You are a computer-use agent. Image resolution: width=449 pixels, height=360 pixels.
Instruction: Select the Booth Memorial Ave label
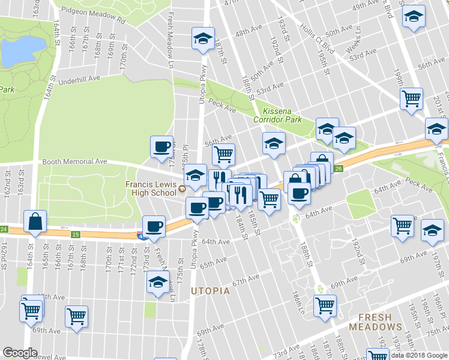pyautogui.click(x=74, y=161)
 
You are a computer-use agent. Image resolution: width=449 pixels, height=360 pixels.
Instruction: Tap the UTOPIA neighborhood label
pyautogui.click(x=210, y=291)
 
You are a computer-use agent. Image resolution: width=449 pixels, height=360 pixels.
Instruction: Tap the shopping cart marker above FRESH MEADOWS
pyautogui.click(x=325, y=305)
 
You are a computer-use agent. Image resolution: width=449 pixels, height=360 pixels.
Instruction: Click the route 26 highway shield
pyautogui.click(x=339, y=169)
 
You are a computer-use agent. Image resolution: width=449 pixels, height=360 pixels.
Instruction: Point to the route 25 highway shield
pyautogui.click(x=76, y=234)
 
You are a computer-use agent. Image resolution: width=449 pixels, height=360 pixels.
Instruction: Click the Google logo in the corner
pyautogui.click(x=20, y=353)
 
